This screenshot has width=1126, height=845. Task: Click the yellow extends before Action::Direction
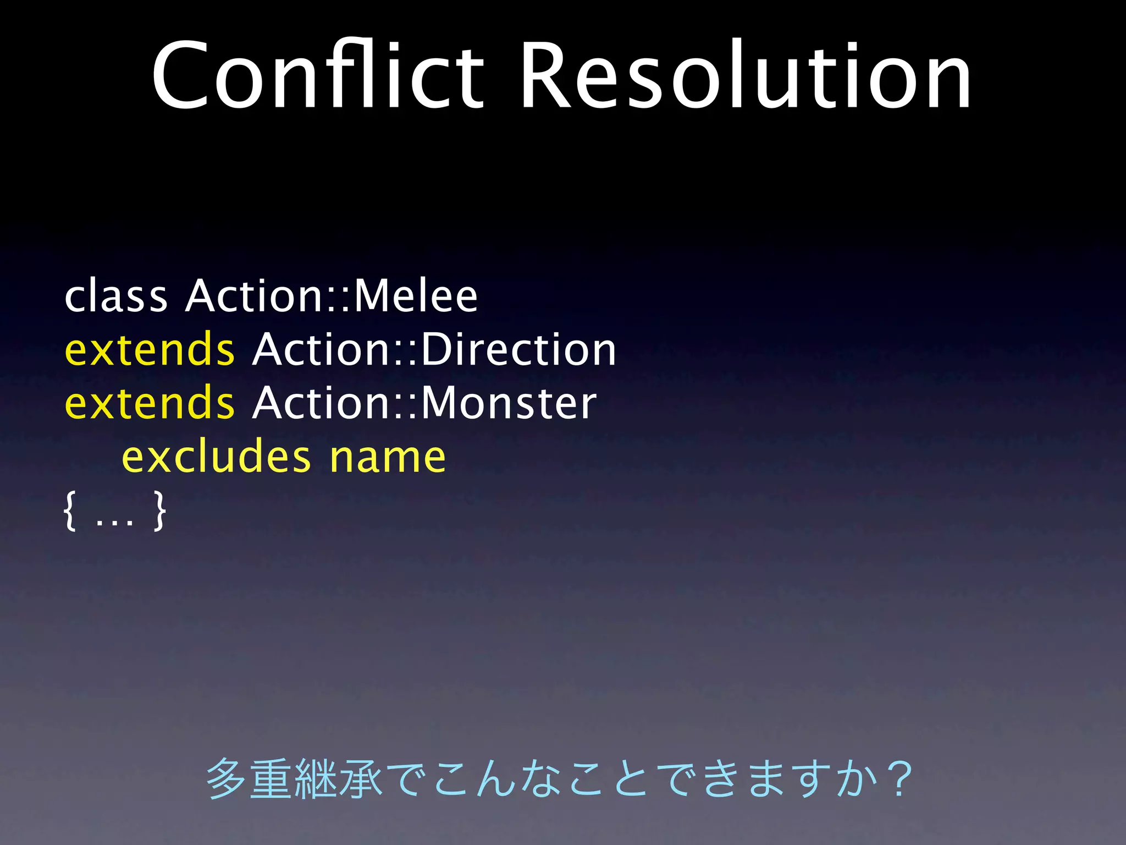click(x=150, y=349)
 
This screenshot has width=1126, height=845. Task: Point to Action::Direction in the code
click(x=434, y=349)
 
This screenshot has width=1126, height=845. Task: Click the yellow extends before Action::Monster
click(x=150, y=403)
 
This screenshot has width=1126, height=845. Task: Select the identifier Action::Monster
click(x=424, y=403)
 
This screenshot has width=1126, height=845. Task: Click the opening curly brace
click(x=70, y=512)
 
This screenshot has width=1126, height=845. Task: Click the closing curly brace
click(x=159, y=512)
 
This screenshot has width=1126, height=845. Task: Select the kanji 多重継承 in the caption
click(x=294, y=778)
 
